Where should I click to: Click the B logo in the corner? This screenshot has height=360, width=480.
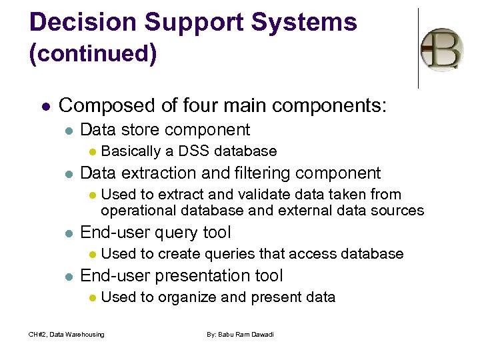click(x=442, y=49)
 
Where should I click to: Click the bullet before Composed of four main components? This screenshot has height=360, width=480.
click(x=45, y=106)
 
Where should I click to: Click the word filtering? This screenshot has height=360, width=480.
click(x=259, y=173)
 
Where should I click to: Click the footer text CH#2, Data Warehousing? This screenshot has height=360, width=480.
click(x=66, y=334)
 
